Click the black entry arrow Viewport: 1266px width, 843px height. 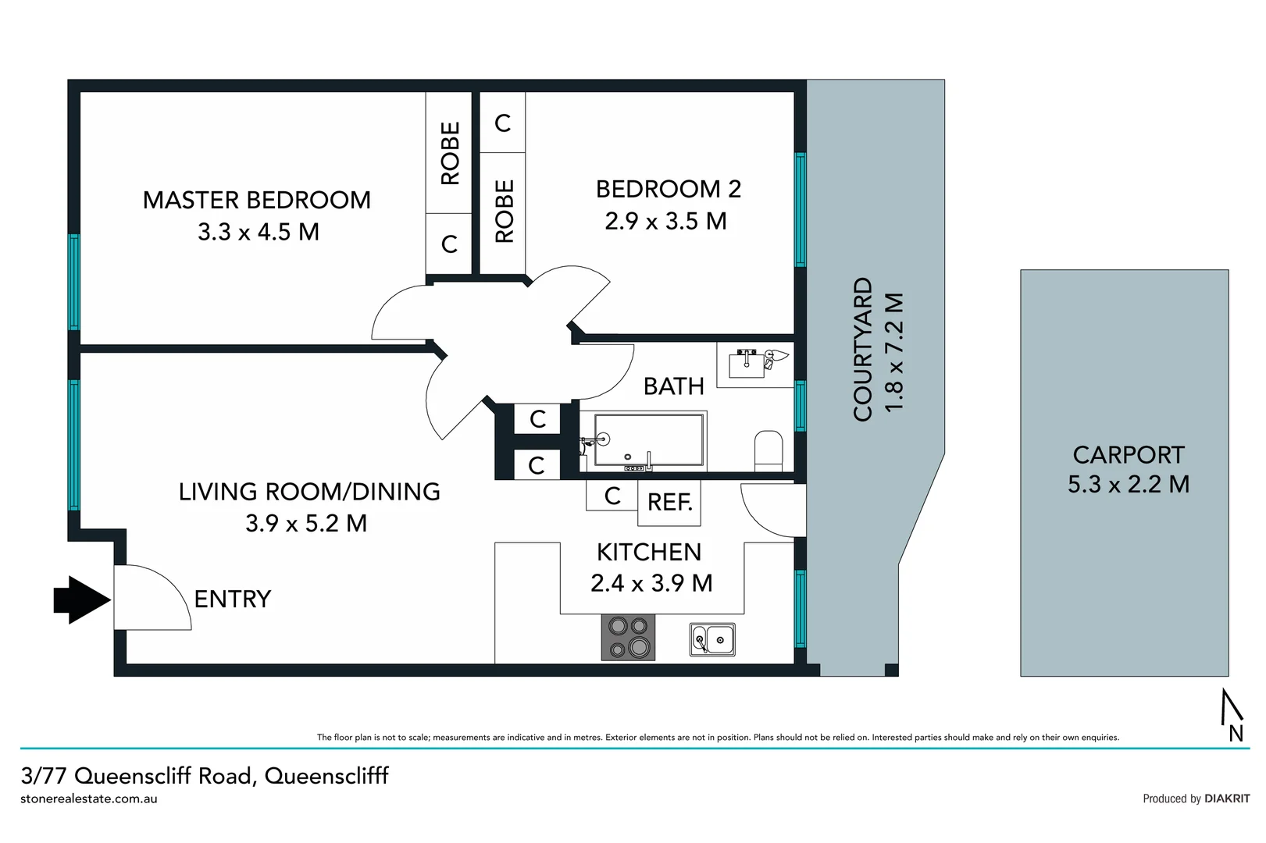point(82,600)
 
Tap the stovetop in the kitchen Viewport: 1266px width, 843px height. point(628,637)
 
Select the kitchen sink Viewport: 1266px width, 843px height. point(712,639)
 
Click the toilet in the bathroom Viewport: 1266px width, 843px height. point(769,451)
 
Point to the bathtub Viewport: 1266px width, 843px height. point(649,441)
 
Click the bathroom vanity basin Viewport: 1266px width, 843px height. point(746,365)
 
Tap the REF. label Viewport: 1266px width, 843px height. point(669,502)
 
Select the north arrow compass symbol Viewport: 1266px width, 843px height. point(1232,715)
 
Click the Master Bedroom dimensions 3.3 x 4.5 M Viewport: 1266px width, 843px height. point(258,232)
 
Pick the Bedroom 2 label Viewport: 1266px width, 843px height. point(668,189)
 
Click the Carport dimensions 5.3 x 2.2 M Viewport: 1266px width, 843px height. point(1128,484)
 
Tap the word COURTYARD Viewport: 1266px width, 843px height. point(863,349)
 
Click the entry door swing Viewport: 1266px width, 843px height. point(152,597)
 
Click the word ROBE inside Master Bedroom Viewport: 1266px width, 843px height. point(450,153)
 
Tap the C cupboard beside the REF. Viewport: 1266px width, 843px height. point(612,496)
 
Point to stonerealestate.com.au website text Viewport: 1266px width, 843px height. point(89,799)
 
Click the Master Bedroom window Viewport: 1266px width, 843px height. point(74,282)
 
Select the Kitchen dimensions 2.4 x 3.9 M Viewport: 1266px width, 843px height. point(651,583)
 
